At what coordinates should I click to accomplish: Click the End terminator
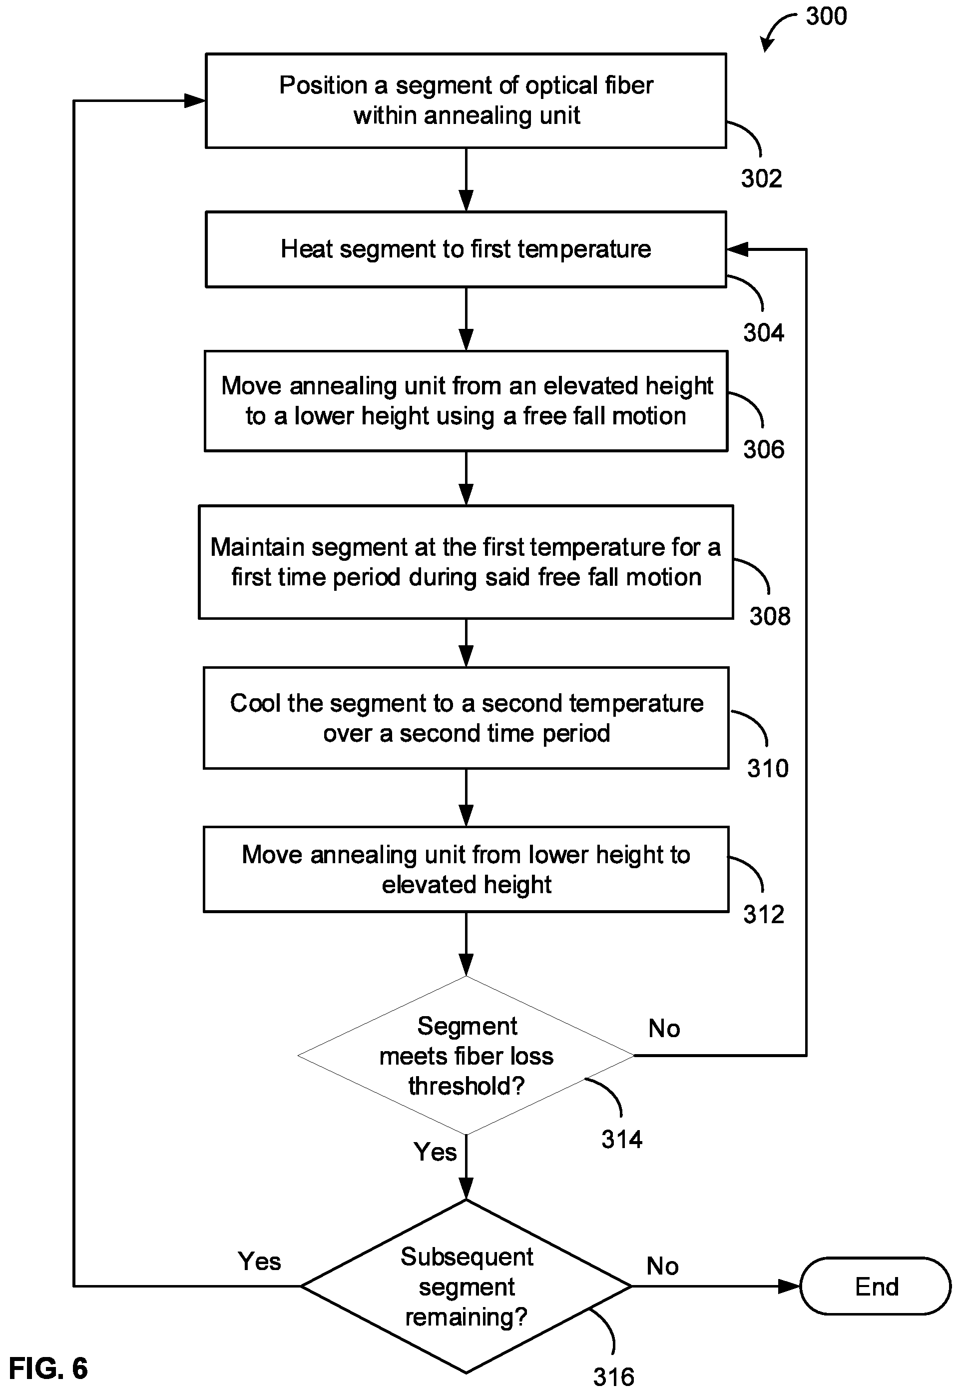tap(875, 1286)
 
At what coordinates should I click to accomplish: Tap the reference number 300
tap(826, 16)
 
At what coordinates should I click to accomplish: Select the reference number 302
tap(761, 178)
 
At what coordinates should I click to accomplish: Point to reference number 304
tap(763, 333)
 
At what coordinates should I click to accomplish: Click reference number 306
tap(764, 449)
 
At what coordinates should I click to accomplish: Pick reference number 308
tap(770, 616)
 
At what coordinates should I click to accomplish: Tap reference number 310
tap(768, 768)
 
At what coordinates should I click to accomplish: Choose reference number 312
tap(764, 915)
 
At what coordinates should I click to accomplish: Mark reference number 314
tap(622, 1140)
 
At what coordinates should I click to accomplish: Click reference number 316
tap(613, 1378)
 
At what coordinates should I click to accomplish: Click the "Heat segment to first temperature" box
tap(466, 249)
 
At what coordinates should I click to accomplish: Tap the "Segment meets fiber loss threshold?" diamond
tap(466, 1055)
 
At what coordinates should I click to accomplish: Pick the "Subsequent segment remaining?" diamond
tap(466, 1286)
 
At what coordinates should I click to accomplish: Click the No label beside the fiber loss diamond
tap(664, 1029)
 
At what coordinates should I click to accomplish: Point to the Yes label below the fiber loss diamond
tap(435, 1152)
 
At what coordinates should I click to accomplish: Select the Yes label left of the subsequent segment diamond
tap(259, 1262)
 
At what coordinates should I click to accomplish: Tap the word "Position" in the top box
tap(323, 85)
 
